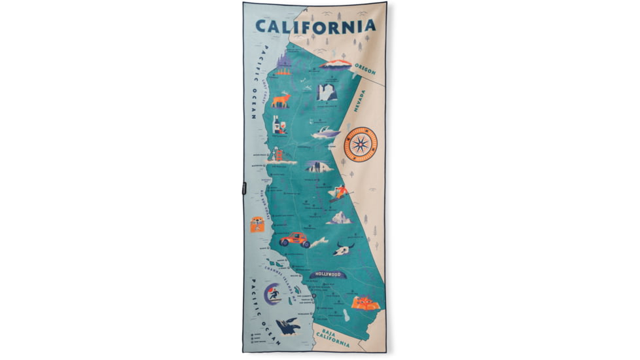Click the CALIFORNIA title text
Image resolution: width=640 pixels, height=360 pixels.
click(x=315, y=26)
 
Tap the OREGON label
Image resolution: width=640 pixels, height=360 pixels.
click(x=366, y=67)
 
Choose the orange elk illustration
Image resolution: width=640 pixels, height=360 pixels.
click(x=281, y=99)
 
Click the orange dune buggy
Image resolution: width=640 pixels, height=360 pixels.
click(x=294, y=240)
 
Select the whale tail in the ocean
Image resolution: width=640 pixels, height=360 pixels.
click(x=288, y=325)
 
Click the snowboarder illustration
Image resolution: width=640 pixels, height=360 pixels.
click(x=338, y=192)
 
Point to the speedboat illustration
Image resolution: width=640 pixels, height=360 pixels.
click(x=325, y=133)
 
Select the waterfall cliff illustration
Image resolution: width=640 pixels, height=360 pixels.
click(x=326, y=92)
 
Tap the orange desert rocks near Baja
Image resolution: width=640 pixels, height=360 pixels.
click(x=363, y=302)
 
